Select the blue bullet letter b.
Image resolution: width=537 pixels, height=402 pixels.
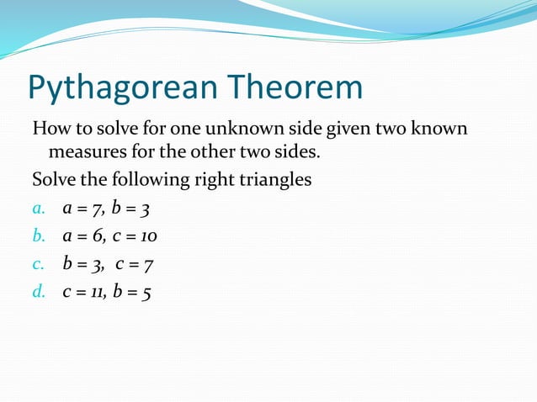click(x=37, y=237)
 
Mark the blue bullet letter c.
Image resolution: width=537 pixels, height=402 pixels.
click(x=37, y=265)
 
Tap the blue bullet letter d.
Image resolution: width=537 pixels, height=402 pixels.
click(x=37, y=292)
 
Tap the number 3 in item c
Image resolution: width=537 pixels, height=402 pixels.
click(x=96, y=265)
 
